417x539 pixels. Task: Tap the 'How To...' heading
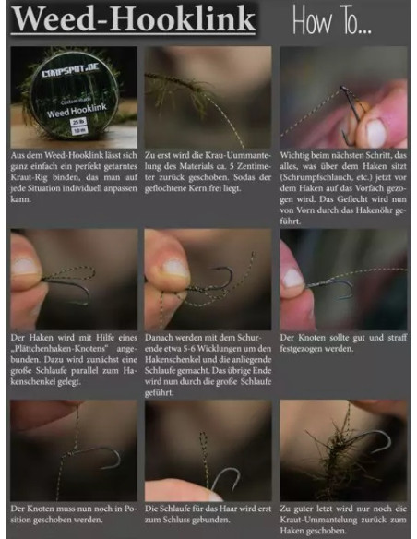tap(344, 19)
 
